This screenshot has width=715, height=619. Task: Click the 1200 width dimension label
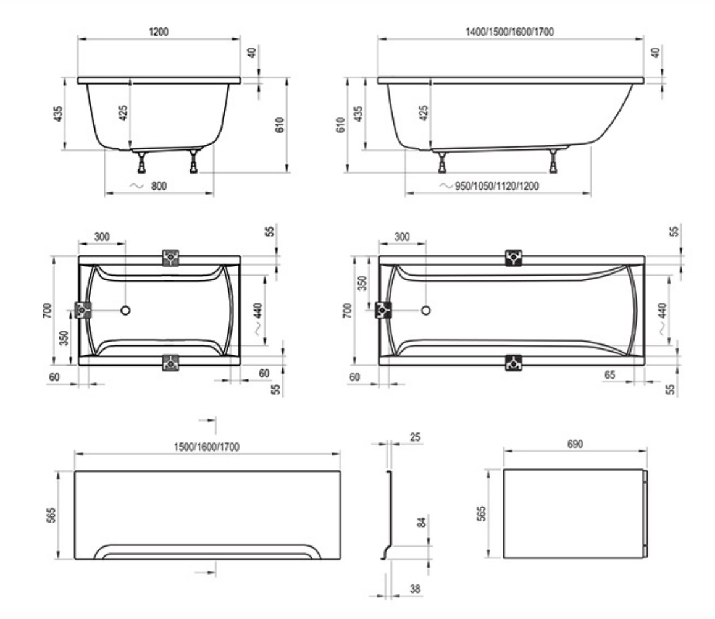click(x=158, y=32)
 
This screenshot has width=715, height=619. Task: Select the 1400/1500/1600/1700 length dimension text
click(x=509, y=32)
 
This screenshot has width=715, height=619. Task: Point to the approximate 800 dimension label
click(x=159, y=186)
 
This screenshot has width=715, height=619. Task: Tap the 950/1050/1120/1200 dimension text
click(x=496, y=186)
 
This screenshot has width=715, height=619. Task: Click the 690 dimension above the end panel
click(x=575, y=444)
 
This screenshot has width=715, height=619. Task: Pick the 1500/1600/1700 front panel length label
click(x=207, y=447)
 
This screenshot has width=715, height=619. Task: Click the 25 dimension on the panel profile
click(x=415, y=437)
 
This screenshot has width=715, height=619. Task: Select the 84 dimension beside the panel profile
click(x=422, y=522)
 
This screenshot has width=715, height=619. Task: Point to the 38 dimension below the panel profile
click(x=415, y=589)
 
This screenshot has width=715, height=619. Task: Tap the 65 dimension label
click(x=609, y=375)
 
